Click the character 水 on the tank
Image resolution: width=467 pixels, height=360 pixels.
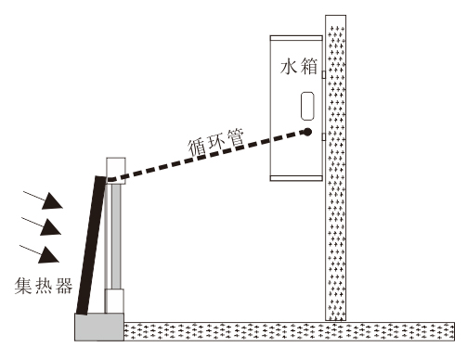(x=289, y=67)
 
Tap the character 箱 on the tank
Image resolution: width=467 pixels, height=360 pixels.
(x=309, y=67)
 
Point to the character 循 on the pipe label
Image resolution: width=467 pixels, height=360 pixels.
(x=197, y=148)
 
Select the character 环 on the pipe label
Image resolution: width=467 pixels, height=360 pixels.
(x=216, y=142)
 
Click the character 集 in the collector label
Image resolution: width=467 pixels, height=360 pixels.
(x=23, y=286)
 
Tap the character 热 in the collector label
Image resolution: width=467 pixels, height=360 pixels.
(x=45, y=286)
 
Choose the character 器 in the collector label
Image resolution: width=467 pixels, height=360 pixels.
(x=64, y=286)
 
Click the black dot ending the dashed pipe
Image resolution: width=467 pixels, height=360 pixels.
(x=307, y=132)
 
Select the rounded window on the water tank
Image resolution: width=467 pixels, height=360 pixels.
(x=307, y=106)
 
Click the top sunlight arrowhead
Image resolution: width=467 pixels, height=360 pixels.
(x=52, y=200)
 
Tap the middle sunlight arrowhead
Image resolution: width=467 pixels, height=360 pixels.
(x=50, y=227)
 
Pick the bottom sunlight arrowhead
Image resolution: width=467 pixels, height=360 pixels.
(x=48, y=255)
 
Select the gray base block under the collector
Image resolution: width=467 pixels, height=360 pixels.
(x=99, y=327)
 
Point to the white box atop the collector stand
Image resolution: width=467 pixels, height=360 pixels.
(x=116, y=171)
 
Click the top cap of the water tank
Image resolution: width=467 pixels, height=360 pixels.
(x=296, y=38)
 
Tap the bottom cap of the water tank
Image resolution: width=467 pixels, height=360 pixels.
(x=296, y=178)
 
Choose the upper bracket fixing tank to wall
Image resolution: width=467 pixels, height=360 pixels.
(x=323, y=74)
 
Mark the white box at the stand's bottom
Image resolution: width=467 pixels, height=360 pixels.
(x=114, y=301)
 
